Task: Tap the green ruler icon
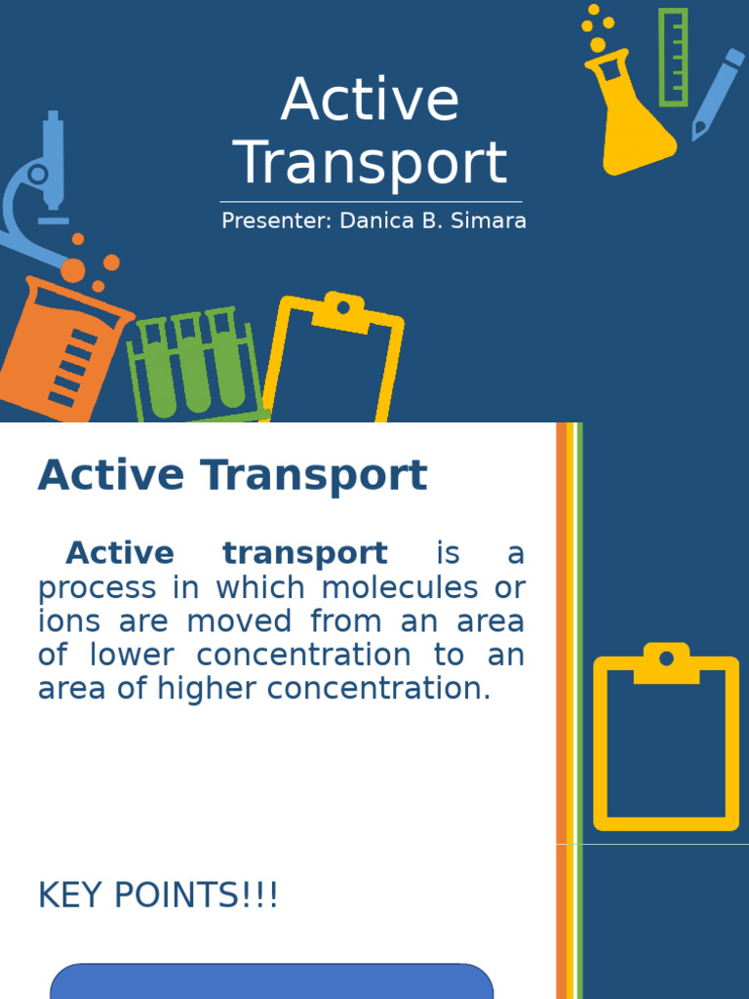pos(673,57)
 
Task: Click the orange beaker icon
pos(59,346)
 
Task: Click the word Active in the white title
pos(370,100)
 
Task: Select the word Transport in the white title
pos(373,163)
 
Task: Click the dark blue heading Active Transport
pos(232,475)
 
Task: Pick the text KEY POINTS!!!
pos(158,895)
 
